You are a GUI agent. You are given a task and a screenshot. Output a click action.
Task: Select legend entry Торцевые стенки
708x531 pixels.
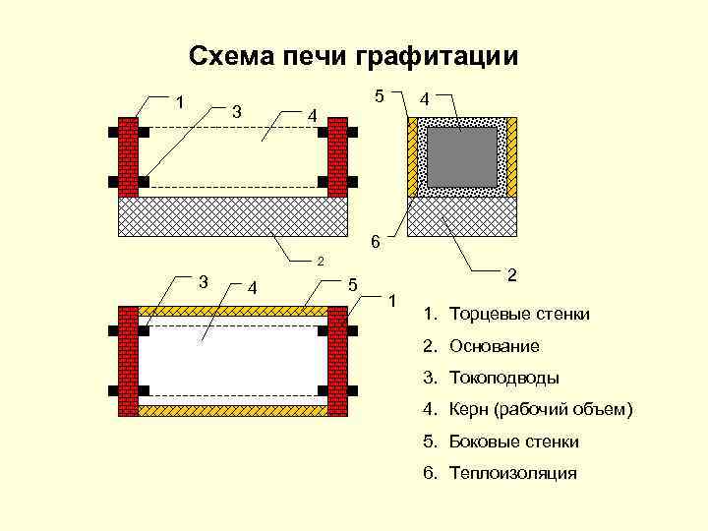coord(519,315)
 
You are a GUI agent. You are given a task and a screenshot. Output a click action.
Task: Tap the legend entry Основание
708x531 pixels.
coord(495,346)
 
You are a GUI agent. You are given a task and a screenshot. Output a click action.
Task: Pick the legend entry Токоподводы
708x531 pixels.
coord(503,378)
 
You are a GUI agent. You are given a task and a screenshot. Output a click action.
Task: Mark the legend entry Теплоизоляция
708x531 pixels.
coord(512,473)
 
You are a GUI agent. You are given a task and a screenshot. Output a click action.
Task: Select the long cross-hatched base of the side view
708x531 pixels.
coord(234,216)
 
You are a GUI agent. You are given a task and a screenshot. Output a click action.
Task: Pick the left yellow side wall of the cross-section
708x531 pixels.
coord(412,157)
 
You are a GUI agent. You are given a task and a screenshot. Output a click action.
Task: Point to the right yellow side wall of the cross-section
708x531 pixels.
coord(511,157)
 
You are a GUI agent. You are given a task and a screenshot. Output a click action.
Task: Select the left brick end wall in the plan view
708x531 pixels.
coord(128,361)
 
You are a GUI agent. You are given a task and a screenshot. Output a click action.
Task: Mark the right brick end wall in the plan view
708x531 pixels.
coord(339,361)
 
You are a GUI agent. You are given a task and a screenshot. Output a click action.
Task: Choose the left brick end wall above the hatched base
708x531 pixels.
coord(128,157)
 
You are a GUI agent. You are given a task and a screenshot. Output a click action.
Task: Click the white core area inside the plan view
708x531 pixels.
coord(234,361)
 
